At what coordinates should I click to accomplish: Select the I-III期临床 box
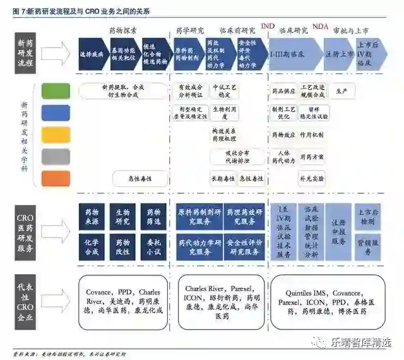pos(295,55)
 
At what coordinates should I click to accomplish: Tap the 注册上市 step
pos(340,55)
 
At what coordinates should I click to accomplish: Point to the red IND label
pos(268,26)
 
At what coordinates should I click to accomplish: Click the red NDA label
pos(320,26)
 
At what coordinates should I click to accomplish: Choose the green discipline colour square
pos(56,91)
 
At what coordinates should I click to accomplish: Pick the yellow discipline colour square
pos(56,135)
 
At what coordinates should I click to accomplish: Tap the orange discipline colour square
pos(56,178)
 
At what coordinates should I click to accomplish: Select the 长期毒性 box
pos(223,179)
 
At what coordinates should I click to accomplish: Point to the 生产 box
pos(341,91)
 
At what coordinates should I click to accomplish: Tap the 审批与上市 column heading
pos(350,30)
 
